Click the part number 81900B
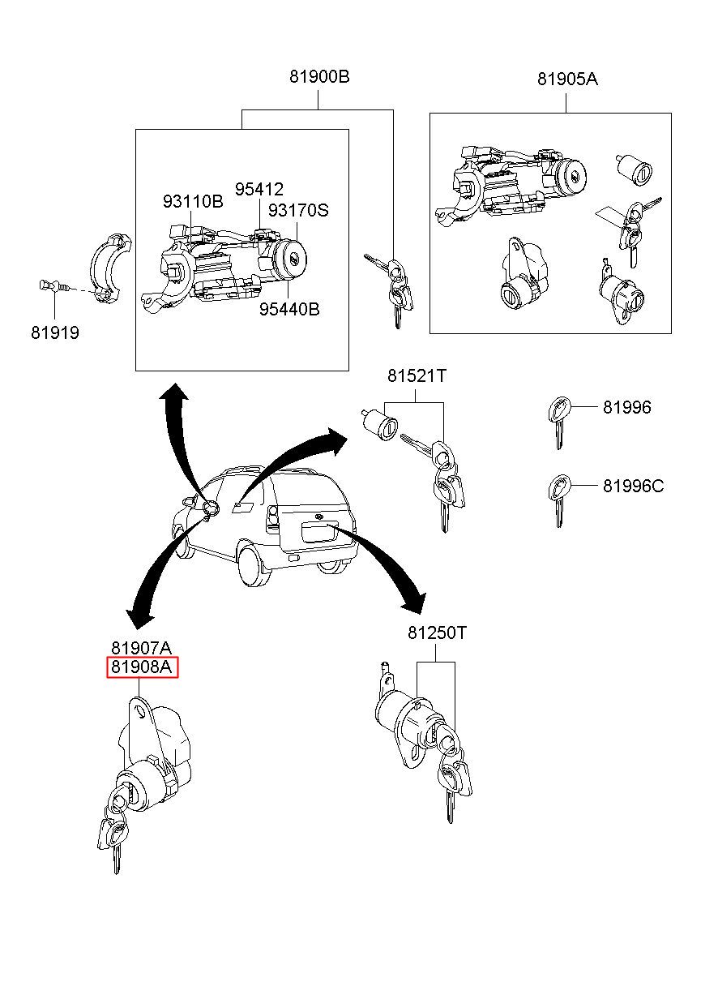319,78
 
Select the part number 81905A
566,79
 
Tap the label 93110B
192,202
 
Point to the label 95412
259,190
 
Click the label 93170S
298,210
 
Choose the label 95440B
289,309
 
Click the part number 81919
55,332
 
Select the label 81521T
417,376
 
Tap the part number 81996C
633,486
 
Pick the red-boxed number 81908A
143,667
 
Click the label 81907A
142,648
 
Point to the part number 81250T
437,633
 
